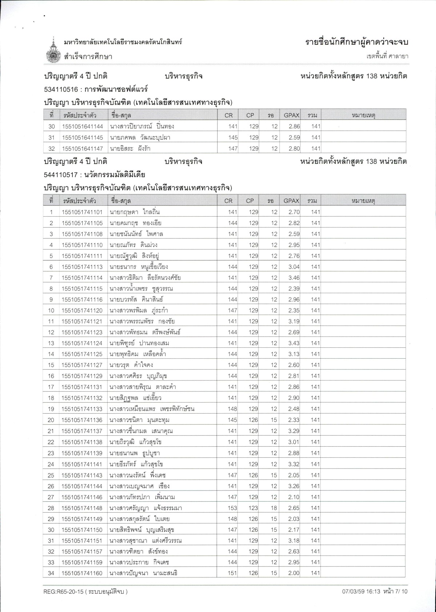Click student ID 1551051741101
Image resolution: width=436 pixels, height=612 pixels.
[x=82, y=212]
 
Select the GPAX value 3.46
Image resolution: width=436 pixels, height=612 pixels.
[x=294, y=278]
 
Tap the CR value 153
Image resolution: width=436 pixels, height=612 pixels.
[x=232, y=508]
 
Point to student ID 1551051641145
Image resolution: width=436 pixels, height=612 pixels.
[x=83, y=138]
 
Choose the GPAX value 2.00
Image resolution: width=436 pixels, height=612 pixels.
[x=294, y=573]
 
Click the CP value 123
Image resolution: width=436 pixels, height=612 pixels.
[x=253, y=508]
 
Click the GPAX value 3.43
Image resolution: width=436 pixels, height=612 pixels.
[x=294, y=343]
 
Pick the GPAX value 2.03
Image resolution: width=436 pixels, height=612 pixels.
[x=294, y=519]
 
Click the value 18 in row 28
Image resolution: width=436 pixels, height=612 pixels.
[x=274, y=508]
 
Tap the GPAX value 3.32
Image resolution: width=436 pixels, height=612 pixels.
[x=294, y=464]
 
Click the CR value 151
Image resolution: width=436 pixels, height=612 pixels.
[x=232, y=573]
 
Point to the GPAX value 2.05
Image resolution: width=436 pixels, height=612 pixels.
[x=294, y=475]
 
